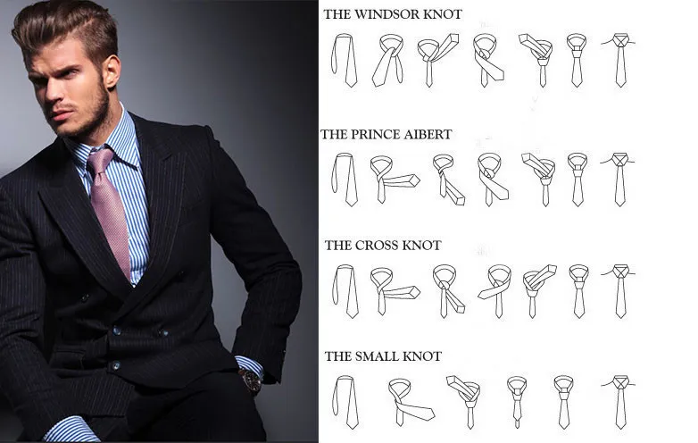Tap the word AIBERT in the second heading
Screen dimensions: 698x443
428,135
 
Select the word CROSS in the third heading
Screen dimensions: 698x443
376,246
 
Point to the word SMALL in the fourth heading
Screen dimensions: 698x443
377,356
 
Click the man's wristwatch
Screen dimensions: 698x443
251,380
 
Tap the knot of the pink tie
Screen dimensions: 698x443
100,161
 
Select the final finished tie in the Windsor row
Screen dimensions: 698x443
619,60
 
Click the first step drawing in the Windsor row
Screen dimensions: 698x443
345,60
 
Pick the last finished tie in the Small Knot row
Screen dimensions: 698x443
619,402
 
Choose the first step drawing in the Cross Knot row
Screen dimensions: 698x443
345,291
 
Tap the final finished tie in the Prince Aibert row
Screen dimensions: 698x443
619,180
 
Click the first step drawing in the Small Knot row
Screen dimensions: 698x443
345,402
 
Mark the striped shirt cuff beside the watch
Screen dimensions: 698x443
250,364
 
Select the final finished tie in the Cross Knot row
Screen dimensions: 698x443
619,291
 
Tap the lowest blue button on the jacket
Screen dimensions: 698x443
116,366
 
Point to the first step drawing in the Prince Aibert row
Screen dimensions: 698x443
345,180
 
